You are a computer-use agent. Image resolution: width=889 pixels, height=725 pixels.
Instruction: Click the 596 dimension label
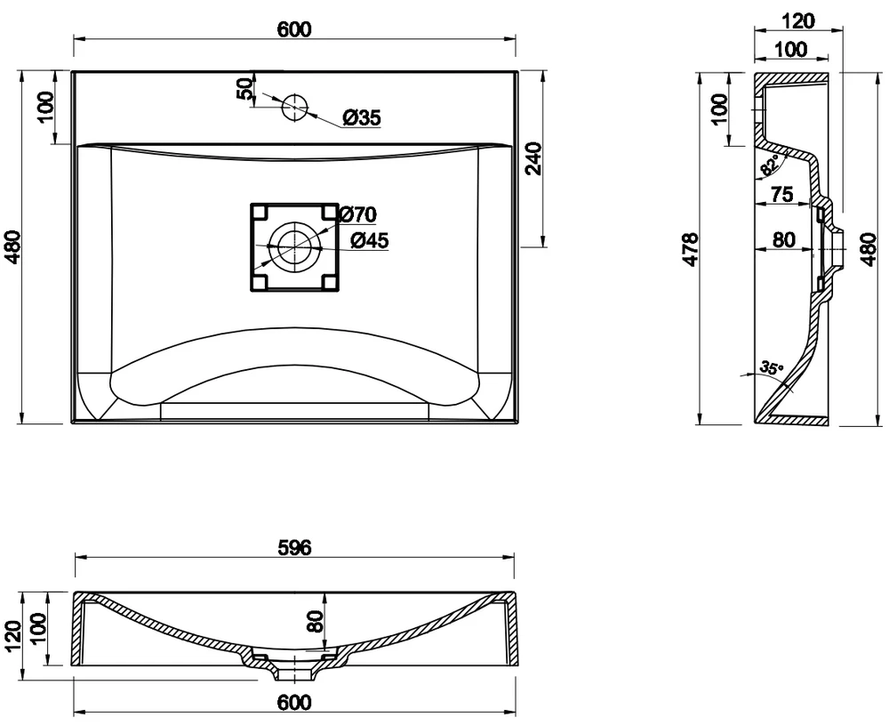295,547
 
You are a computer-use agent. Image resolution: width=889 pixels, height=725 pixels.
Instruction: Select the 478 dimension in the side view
691,248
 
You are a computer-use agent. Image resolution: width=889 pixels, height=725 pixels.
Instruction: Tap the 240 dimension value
534,159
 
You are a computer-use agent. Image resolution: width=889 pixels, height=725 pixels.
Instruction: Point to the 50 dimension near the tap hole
245,89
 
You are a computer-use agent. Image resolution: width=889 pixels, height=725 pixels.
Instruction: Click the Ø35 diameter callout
362,118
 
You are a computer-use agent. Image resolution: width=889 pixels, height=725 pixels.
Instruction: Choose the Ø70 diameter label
357,214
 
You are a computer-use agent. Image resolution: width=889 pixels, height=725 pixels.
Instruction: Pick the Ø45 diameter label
370,240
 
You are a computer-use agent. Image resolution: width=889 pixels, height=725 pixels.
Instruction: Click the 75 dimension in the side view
781,194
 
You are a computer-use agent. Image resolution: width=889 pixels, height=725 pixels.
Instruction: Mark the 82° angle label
770,165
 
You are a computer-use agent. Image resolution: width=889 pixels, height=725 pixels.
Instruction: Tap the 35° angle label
772,367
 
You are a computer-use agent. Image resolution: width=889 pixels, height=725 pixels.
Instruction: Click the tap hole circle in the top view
295,108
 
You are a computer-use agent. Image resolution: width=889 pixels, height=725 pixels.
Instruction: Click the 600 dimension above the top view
295,29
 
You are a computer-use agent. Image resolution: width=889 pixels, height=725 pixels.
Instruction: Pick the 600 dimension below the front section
295,702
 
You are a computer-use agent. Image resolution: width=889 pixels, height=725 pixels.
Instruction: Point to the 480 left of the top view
12,246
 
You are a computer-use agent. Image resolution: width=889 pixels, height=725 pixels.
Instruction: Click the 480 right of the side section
869,248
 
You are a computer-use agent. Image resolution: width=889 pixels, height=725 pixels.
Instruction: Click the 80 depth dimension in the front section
316,621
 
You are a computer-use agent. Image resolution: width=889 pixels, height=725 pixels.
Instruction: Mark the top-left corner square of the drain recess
260,213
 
